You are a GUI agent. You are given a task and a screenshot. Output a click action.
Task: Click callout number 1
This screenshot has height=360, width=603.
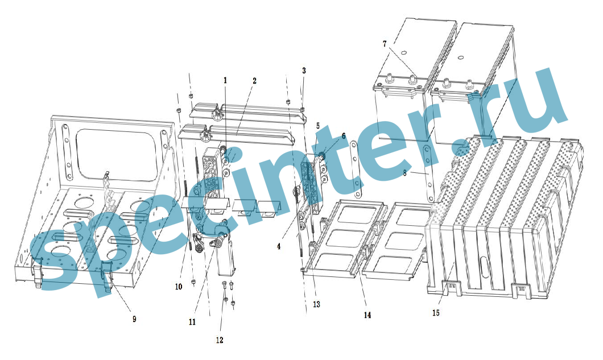pos(225,80)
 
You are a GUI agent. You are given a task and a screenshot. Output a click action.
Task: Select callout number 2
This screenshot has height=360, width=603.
pos(254,81)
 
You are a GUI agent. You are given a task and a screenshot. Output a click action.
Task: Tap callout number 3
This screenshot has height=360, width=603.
pos(304,71)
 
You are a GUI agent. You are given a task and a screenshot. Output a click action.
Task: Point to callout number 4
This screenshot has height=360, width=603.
pos(279,246)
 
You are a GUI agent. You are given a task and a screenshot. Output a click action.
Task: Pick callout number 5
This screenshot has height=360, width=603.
pos(317,126)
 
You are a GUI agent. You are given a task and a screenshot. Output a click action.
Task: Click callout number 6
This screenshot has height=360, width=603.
pos(344,136)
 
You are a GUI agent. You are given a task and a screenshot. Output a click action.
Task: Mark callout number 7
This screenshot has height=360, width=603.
pos(385,44)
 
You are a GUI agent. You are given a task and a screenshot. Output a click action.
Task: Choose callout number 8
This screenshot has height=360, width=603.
pos(404,173)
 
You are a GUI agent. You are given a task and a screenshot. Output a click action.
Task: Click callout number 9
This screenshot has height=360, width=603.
pos(134,319)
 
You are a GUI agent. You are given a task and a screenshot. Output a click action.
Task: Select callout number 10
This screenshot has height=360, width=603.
pos(179,287)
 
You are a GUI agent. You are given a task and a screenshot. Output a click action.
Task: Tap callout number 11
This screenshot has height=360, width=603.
pos(192,322)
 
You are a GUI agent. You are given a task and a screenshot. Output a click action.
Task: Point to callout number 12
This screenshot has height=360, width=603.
pos(220,340)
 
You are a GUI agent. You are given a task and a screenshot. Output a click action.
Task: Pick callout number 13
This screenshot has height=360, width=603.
pos(316,304)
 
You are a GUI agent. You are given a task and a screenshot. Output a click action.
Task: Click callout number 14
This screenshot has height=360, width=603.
pos(367,315)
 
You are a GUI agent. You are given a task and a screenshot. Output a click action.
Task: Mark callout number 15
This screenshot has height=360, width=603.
pos(436,313)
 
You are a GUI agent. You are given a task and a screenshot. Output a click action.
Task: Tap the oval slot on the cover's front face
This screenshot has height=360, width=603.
pos(484,266)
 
